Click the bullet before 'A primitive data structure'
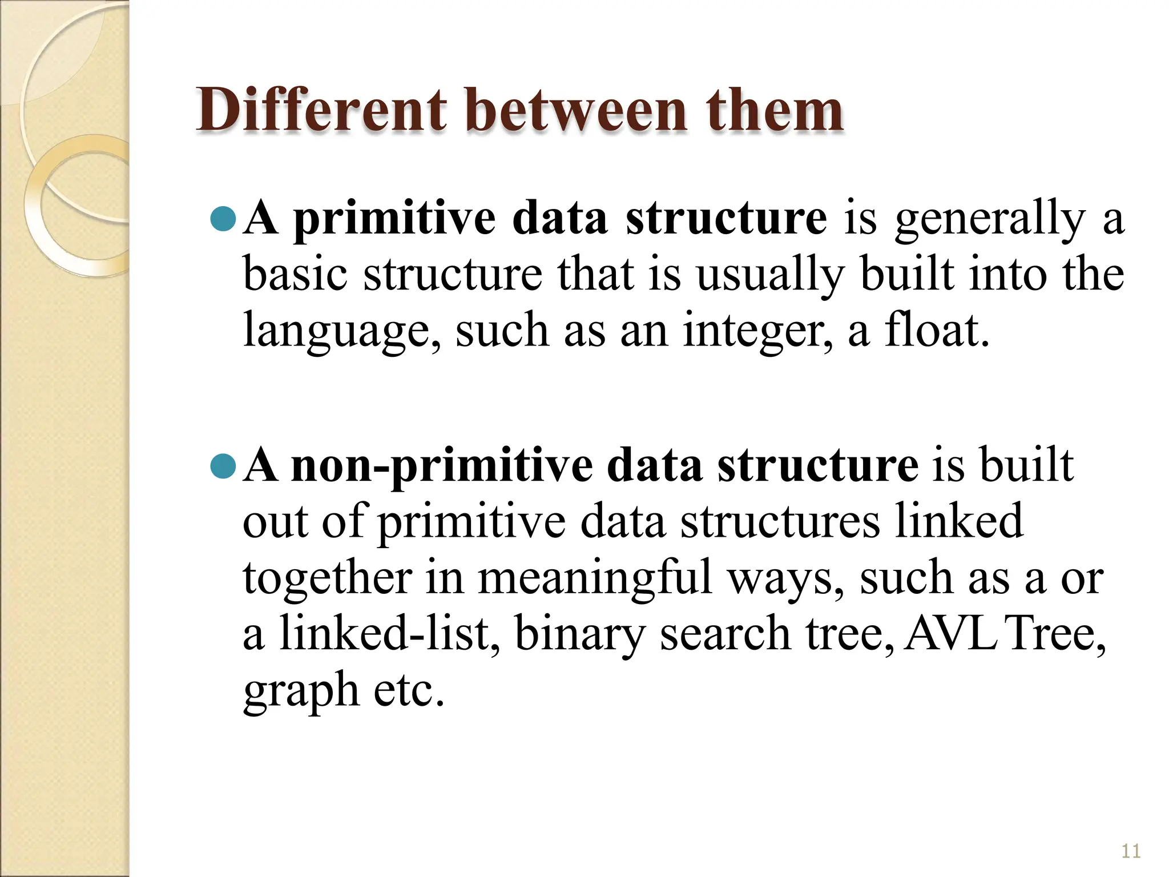click(223, 219)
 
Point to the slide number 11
click(1131, 851)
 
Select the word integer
click(757, 331)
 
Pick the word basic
click(295, 275)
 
